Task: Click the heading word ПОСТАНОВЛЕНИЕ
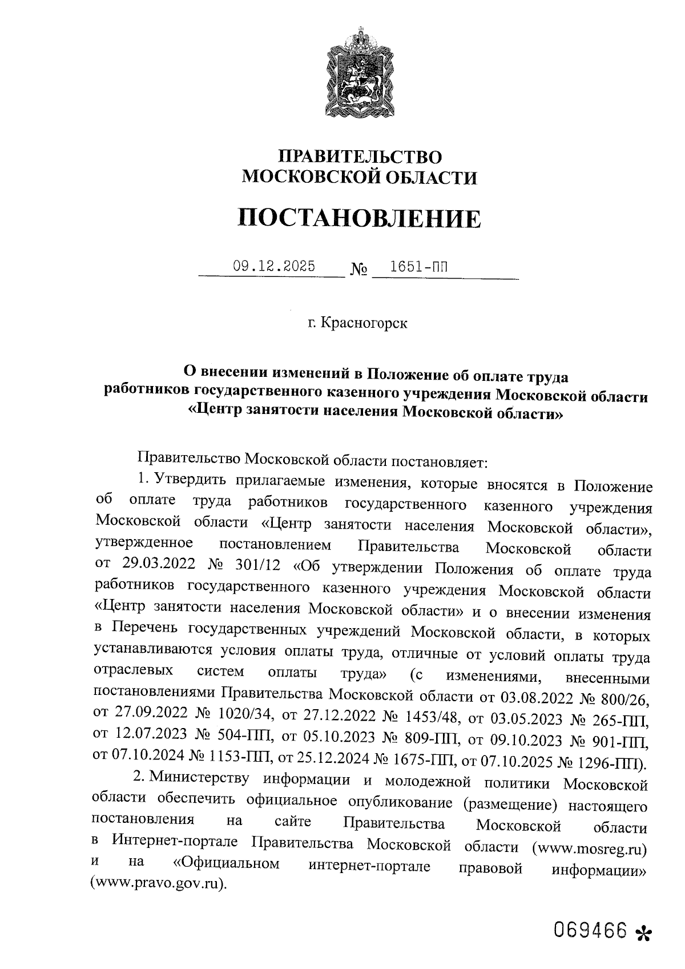(358, 218)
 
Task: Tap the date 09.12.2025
(274, 266)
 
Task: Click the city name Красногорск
(364, 323)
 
